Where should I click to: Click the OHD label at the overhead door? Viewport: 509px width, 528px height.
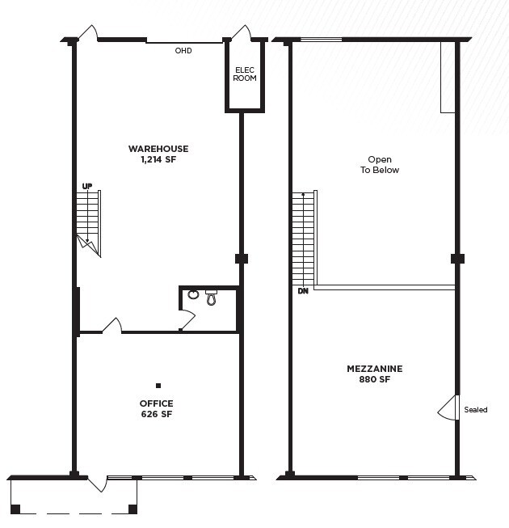click(x=183, y=51)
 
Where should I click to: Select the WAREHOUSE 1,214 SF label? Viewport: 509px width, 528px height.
click(x=158, y=154)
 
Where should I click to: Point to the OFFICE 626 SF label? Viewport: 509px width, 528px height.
click(x=156, y=408)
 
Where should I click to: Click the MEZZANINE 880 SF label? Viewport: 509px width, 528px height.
click(x=374, y=374)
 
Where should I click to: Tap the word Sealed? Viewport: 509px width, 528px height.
click(x=476, y=410)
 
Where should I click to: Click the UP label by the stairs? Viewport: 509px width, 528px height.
click(x=86, y=187)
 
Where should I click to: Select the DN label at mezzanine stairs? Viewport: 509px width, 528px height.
click(x=302, y=291)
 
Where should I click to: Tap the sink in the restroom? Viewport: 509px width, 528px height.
click(x=193, y=295)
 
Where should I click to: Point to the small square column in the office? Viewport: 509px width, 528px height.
click(x=158, y=386)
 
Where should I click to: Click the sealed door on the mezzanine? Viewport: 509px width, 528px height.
click(x=447, y=408)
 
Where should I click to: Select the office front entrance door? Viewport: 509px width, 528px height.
click(x=98, y=483)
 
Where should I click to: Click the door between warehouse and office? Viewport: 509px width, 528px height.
click(x=112, y=325)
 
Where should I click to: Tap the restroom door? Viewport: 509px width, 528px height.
click(x=186, y=320)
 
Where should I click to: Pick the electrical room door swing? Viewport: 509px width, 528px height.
click(x=240, y=33)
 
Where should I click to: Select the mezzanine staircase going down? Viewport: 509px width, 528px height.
click(x=305, y=239)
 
